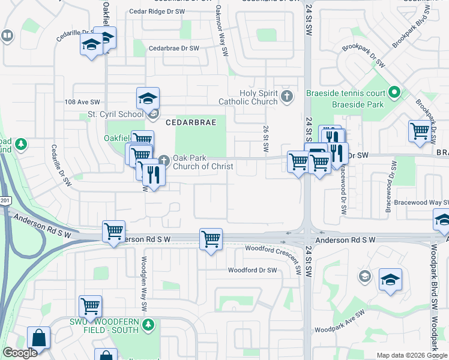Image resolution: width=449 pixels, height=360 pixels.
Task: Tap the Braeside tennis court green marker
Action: coord(394,93)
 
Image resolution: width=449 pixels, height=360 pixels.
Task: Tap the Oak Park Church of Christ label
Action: coord(203,162)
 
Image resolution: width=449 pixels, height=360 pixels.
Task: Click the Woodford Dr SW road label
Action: coord(252,271)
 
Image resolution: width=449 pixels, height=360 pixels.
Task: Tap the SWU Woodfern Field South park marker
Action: coord(149,325)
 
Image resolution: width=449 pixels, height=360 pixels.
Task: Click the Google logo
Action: coord(20,353)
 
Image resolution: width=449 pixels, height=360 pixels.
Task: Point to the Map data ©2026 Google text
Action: coord(411,355)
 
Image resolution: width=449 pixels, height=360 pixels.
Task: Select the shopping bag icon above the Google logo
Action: coord(38,338)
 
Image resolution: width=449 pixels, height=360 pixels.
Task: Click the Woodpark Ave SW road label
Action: coord(340,322)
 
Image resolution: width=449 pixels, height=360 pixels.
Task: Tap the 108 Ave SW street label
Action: coord(82,103)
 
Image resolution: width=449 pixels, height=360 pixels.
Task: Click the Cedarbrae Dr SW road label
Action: coord(173,48)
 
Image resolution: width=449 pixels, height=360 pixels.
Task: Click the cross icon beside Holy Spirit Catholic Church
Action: coord(287,96)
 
